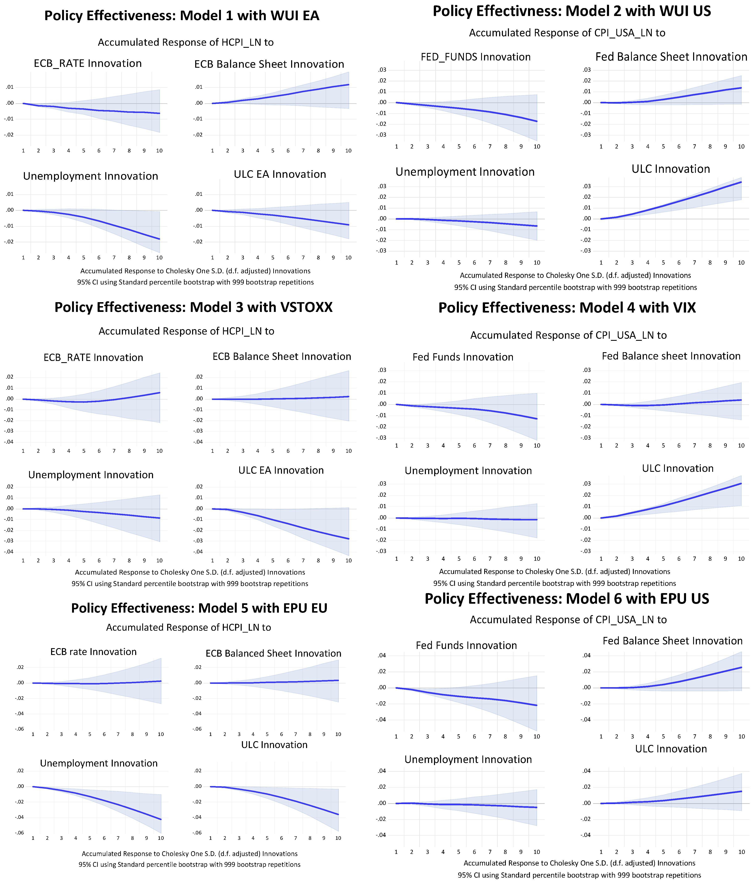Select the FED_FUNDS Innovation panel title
(x=476, y=57)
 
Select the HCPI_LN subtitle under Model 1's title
(x=186, y=43)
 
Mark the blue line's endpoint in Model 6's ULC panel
(x=741, y=791)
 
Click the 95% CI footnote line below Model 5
(x=190, y=865)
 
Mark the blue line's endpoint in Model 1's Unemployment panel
(x=159, y=239)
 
